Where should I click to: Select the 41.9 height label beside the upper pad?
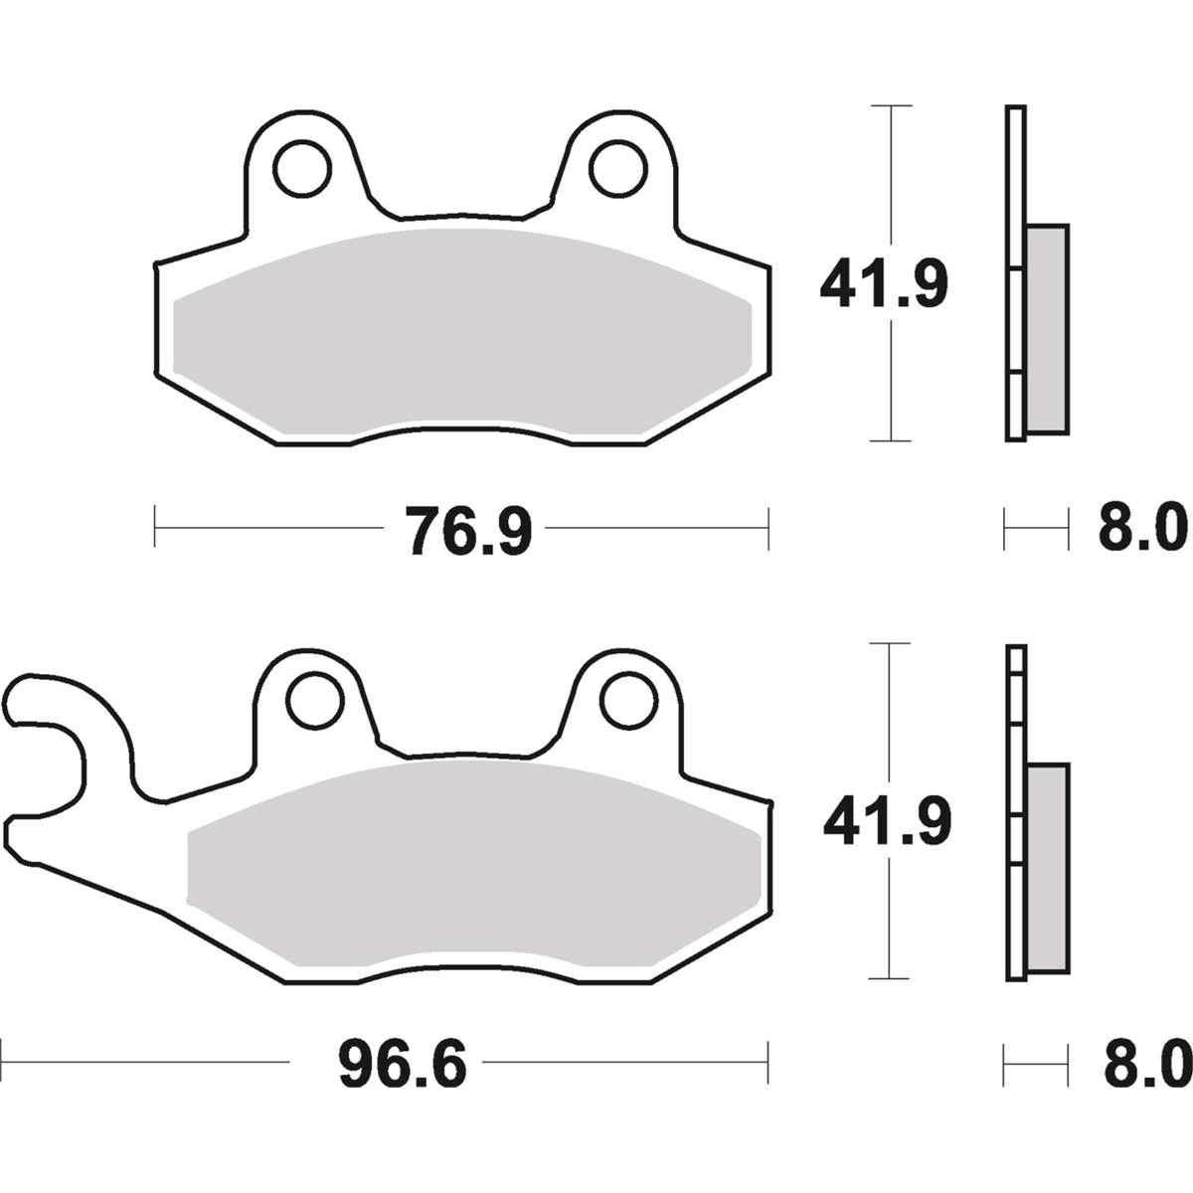[884, 284]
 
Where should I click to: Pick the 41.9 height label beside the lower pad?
[887, 821]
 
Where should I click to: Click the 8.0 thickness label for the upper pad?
[1143, 529]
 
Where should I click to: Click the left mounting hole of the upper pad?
[303, 169]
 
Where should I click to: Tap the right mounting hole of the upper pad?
[618, 169]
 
